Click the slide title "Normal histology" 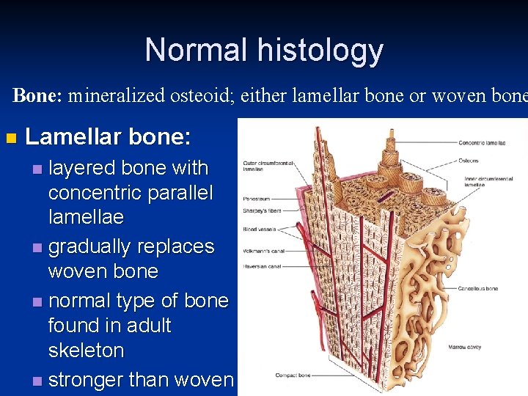pyautogui.click(x=264, y=50)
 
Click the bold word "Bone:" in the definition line pyautogui.click(x=40, y=95)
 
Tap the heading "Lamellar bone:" pyautogui.click(x=108, y=137)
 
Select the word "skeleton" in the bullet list pyautogui.click(x=86, y=350)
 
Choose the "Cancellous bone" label pyautogui.click(x=479, y=288)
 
